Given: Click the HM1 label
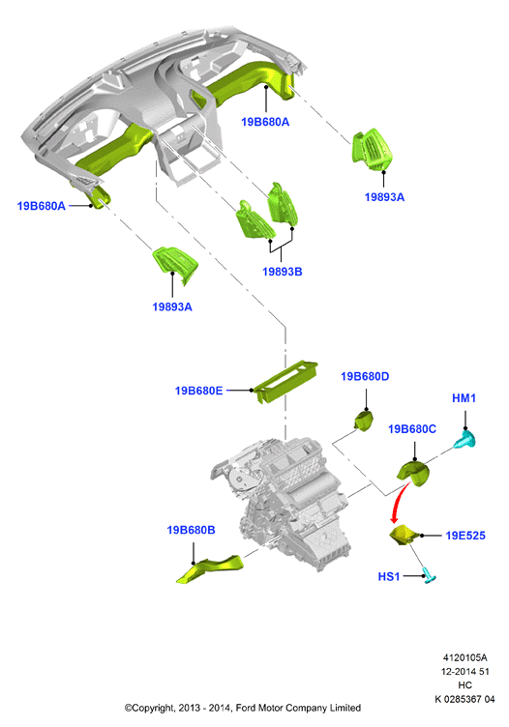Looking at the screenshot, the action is click(x=464, y=397).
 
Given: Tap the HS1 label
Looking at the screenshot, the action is click(x=389, y=576).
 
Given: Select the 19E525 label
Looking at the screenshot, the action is click(x=465, y=536).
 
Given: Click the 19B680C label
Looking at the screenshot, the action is click(x=412, y=429).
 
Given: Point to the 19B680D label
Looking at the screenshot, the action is click(x=365, y=376).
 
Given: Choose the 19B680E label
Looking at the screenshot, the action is click(x=198, y=391).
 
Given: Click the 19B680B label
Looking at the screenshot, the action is click(x=191, y=530).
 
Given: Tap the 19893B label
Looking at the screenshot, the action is click(x=283, y=272).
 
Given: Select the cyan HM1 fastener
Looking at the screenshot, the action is click(x=465, y=440).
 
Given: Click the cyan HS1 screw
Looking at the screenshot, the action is click(x=430, y=576).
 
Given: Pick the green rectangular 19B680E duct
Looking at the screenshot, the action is click(x=285, y=382).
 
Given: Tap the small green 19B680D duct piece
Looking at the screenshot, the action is click(x=363, y=421).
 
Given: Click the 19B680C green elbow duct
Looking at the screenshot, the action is click(x=414, y=473).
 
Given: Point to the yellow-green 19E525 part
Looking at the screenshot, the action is click(x=404, y=536).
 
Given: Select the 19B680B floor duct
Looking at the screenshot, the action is click(x=210, y=568).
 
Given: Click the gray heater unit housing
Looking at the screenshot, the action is click(x=280, y=504).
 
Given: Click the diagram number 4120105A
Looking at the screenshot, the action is click(x=464, y=657).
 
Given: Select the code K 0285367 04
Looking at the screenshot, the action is click(x=464, y=699).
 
